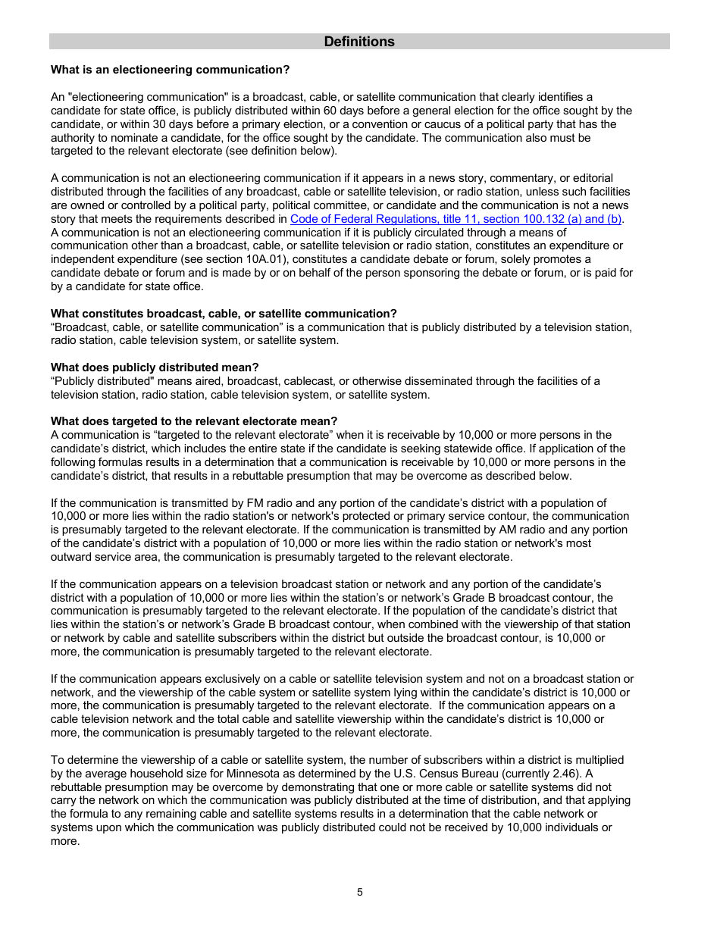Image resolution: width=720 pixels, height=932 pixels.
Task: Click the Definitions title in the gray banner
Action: click(x=359, y=42)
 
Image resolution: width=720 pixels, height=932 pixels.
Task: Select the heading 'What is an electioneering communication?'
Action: click(x=170, y=70)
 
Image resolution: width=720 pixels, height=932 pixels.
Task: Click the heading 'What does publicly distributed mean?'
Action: click(x=155, y=367)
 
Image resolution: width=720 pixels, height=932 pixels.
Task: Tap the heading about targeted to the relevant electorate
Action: click(x=194, y=421)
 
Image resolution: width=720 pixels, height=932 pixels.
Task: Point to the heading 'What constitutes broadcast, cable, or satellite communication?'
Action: click(x=224, y=314)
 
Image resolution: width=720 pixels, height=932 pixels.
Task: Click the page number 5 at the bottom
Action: click(x=360, y=892)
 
